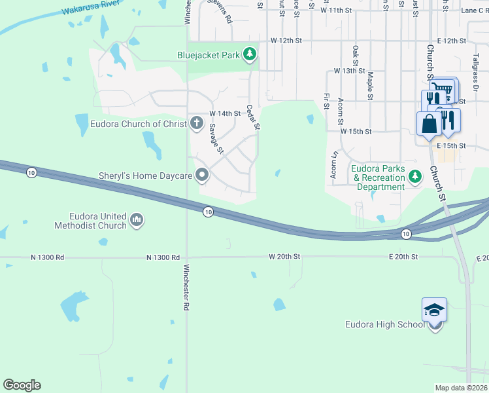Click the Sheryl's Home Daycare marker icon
pos(202,175)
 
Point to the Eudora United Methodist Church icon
pos(137,220)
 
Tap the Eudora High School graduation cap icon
pos(435,310)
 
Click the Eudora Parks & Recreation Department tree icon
pos(414,177)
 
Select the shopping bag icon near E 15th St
pos(429,123)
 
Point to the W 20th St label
pos(284,257)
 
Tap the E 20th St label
pos(403,257)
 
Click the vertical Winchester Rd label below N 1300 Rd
pos(186,286)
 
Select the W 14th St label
pos(226,113)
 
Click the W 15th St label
pos(356,131)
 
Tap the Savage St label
pos(216,140)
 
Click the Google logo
pos(22,384)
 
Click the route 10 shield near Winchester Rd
pos(208,212)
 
